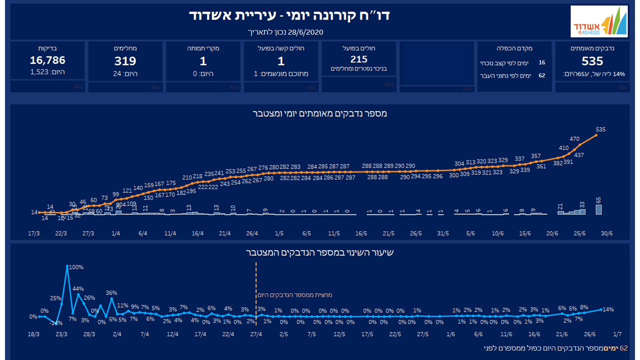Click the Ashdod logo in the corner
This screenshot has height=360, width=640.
(599, 21)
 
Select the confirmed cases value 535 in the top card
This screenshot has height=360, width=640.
(592, 61)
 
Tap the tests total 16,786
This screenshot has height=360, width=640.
(47, 60)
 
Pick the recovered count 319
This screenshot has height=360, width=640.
(125, 61)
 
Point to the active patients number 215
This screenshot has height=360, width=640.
(359, 59)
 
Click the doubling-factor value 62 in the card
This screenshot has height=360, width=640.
(542, 76)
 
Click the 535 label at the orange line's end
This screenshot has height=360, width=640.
(600, 129)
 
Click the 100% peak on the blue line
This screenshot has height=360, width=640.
(76, 267)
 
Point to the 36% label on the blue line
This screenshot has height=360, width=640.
(111, 293)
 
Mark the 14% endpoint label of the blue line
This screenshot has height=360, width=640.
(608, 309)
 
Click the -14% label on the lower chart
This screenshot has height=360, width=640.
(56, 323)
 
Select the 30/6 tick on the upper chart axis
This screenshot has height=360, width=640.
(606, 233)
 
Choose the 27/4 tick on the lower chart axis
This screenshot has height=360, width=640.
(255, 333)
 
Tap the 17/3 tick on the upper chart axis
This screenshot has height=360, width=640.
(34, 233)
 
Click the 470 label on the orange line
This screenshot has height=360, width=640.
(574, 139)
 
